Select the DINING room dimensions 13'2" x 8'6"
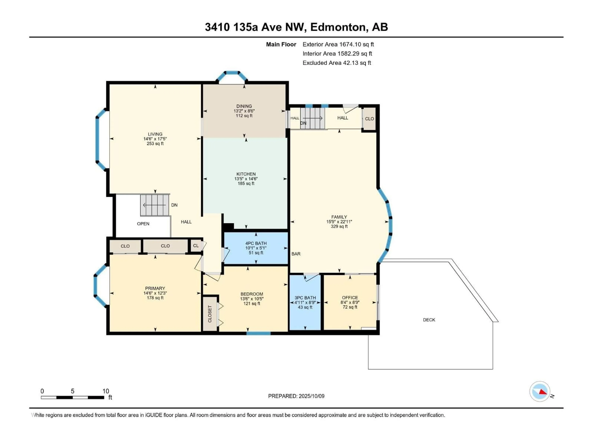[244, 111]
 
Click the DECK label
[429, 320]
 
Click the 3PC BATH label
[305, 298]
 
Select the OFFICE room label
[350, 298]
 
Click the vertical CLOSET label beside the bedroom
[210, 314]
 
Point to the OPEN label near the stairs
[143, 224]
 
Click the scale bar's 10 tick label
[106, 391]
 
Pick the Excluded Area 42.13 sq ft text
[336, 63]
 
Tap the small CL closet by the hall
[196, 246]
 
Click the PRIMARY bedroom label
[155, 288]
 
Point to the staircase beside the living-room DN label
[155, 205]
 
